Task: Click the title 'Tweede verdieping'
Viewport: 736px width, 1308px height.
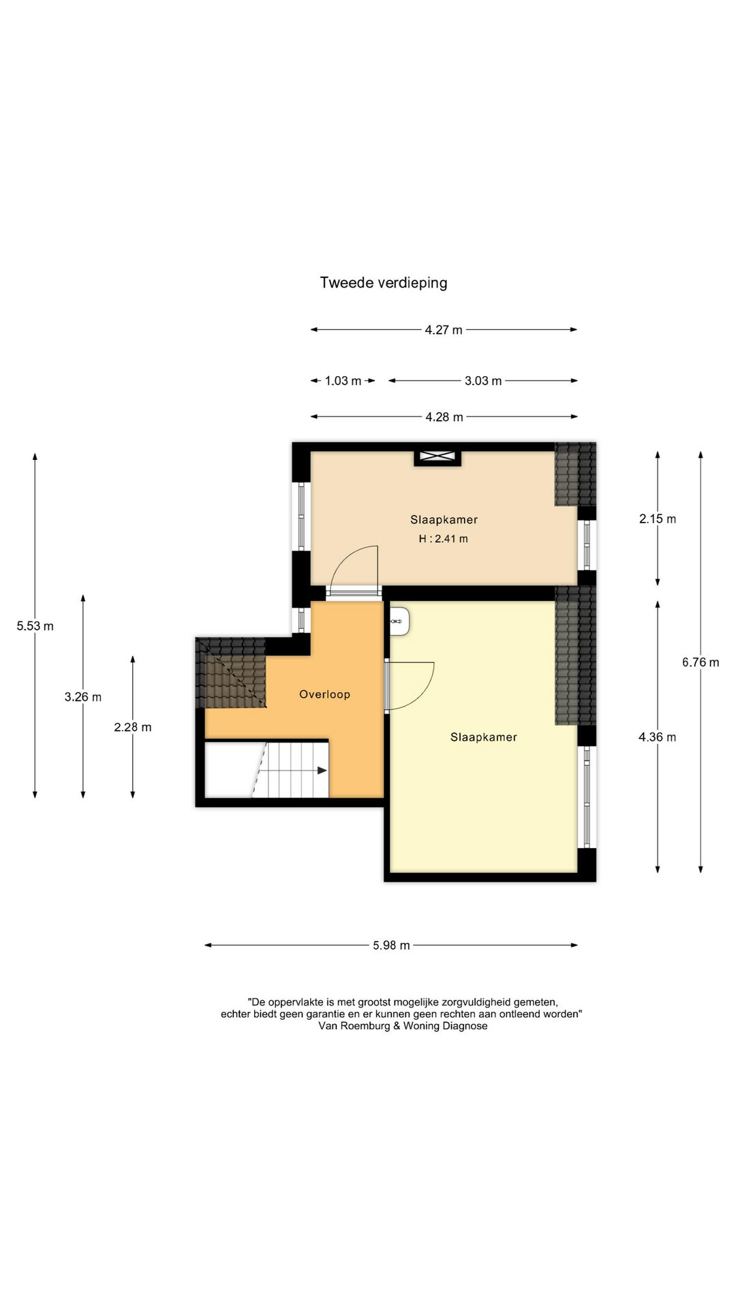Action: (384, 283)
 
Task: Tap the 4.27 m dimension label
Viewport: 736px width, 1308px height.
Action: (444, 330)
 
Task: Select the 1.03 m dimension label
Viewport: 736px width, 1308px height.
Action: (343, 381)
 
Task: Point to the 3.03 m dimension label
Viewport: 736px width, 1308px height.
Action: (483, 381)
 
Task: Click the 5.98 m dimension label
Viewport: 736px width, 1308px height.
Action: (391, 946)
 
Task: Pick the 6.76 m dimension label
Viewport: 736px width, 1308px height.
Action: (701, 662)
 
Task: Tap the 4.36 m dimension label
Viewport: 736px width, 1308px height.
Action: (657, 737)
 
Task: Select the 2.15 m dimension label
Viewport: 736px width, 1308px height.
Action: (658, 519)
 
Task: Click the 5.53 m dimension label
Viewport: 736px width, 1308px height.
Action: (35, 626)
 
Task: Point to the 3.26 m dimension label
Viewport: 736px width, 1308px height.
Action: (83, 697)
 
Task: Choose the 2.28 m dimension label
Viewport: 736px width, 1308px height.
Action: (133, 727)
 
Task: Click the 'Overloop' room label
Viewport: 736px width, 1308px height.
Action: (324, 694)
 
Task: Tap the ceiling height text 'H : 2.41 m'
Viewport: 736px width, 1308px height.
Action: (443, 539)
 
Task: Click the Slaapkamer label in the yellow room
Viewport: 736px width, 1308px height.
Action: (484, 737)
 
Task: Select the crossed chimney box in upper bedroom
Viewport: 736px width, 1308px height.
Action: (438, 456)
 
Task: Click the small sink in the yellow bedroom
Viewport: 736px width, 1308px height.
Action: (399, 621)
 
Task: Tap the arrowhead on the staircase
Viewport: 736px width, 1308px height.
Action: (322, 770)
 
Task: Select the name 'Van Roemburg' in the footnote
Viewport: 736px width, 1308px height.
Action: (355, 1026)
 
